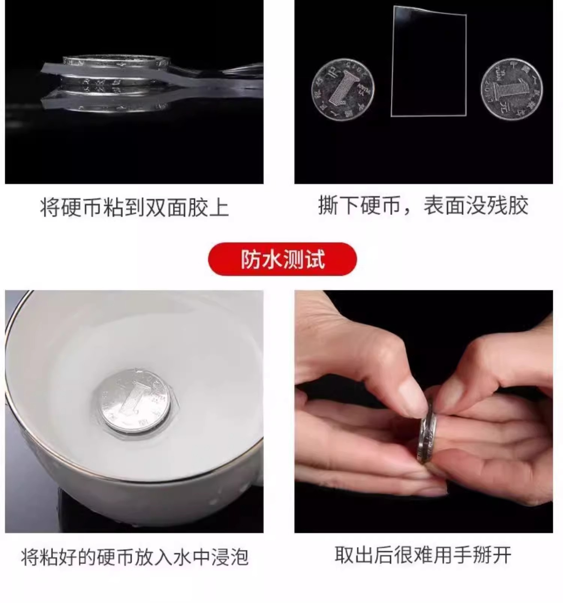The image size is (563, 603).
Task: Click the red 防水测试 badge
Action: tap(282, 259)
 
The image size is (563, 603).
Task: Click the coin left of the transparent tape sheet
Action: tap(343, 90)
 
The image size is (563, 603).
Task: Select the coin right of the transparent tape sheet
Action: tap(512, 89)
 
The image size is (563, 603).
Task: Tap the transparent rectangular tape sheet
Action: tap(429, 61)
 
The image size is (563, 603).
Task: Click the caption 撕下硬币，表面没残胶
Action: tap(423, 205)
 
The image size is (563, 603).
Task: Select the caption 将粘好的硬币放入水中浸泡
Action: tap(134, 556)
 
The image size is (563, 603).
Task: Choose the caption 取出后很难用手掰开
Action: tap(423, 555)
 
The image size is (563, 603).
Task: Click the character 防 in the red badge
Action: tap(250, 259)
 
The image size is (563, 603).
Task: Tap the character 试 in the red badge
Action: tap(315, 259)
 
